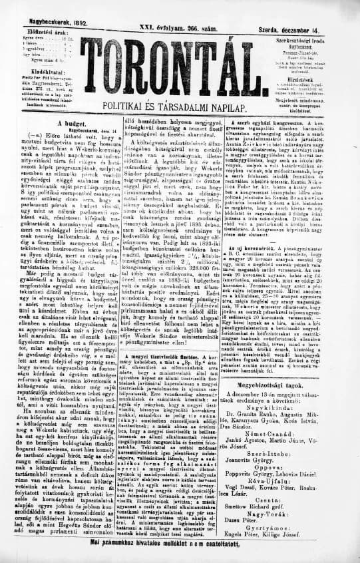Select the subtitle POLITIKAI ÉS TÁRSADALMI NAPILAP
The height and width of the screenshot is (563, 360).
(179, 106)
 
